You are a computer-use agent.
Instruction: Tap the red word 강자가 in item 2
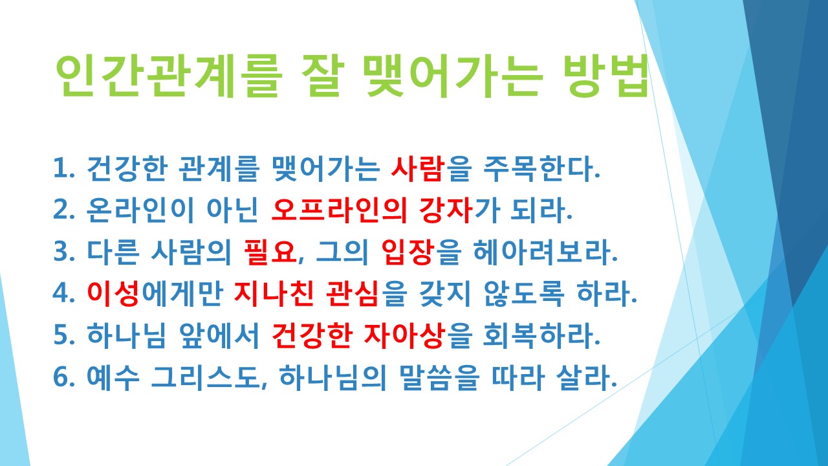click(x=441, y=210)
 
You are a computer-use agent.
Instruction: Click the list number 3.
click(x=62, y=252)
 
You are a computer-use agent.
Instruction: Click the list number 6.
click(x=62, y=377)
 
